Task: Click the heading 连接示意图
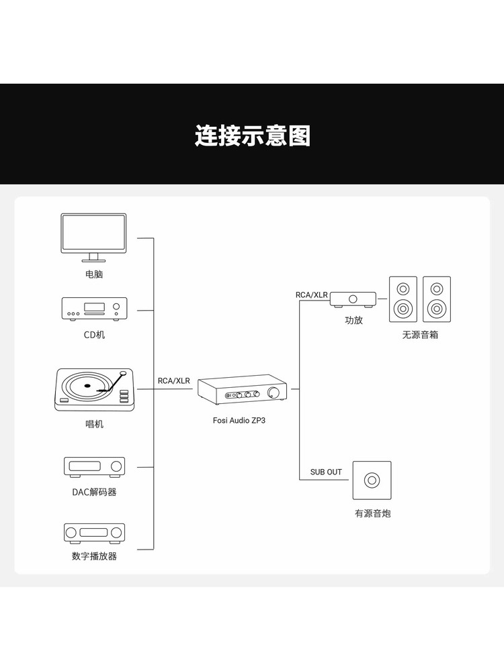[253, 136]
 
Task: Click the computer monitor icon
[93, 238]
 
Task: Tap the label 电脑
[94, 274]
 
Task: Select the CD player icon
[94, 308]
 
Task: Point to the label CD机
[94, 335]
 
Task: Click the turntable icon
[94, 390]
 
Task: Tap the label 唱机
[94, 424]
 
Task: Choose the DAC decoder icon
[94, 466]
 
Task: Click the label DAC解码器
[94, 492]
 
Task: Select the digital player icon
[94, 533]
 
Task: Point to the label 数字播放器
[94, 556]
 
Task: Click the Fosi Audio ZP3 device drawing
[242, 389]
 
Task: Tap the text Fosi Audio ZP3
[239, 420]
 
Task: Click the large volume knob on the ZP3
[273, 393]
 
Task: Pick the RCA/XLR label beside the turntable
[173, 381]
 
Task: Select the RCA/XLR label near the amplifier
[312, 295]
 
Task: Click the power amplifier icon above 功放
[353, 299]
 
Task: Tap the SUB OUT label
[326, 472]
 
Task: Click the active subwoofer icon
[372, 480]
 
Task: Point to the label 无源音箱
[420, 335]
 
